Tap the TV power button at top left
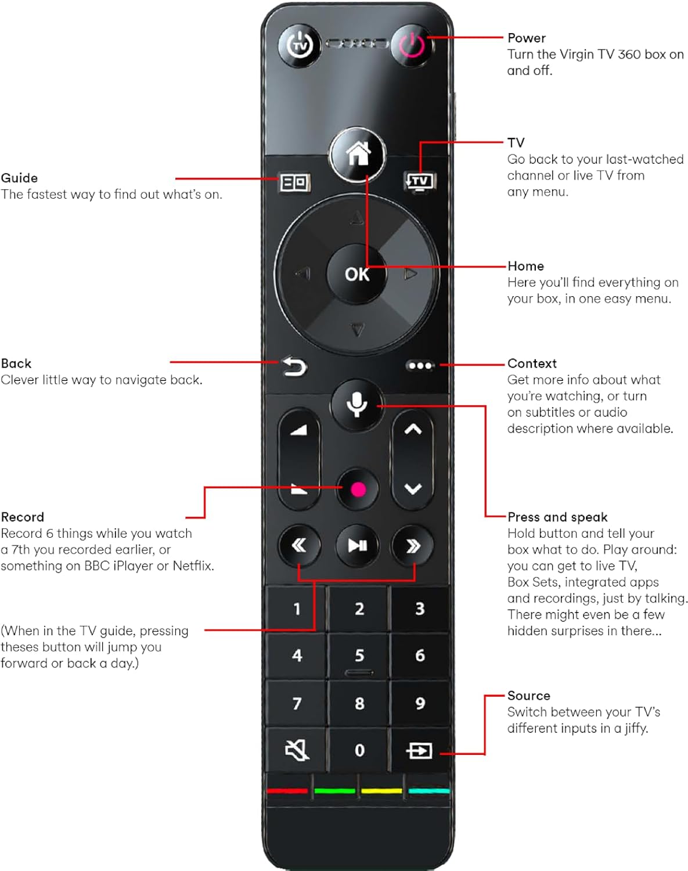(299, 45)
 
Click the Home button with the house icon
(358, 154)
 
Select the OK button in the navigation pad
(356, 273)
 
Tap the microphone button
(356, 404)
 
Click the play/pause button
(357, 545)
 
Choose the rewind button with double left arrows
(299, 545)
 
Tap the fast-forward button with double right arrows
(413, 545)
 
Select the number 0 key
(359, 750)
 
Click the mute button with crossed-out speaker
(297, 750)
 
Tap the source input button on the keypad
(419, 750)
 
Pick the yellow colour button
(381, 790)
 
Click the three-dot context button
(420, 365)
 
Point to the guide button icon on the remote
(294, 182)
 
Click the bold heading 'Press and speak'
(557, 517)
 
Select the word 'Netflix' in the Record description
(193, 566)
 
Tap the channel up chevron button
(413, 430)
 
